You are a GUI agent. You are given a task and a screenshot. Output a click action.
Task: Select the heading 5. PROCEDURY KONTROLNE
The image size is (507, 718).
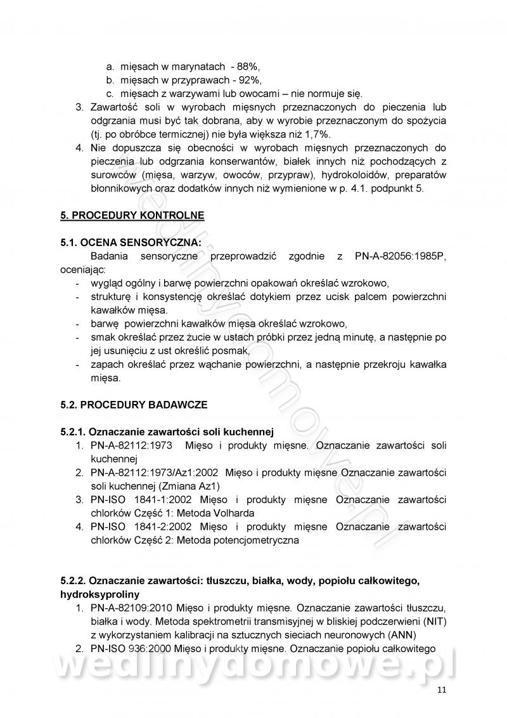[132, 215]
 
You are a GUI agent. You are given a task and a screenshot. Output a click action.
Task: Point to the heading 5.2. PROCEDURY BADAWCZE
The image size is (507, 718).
[134, 404]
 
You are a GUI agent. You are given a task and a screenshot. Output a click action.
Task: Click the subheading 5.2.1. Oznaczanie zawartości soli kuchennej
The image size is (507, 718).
[167, 431]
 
